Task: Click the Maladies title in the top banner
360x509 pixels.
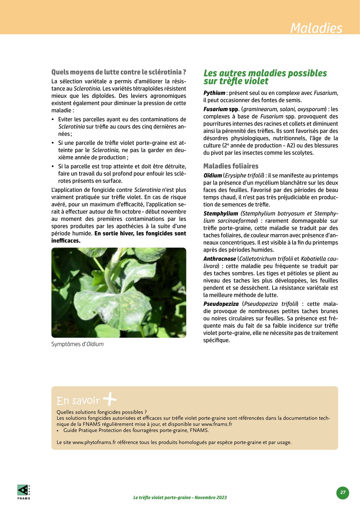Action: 316,28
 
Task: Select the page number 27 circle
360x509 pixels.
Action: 343,492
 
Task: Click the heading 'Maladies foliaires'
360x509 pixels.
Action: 231,166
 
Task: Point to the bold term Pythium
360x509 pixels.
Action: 214,93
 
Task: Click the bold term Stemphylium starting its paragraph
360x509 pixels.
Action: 221,214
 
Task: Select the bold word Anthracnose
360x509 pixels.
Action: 219,259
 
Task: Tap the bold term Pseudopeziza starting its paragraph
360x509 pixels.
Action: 221,304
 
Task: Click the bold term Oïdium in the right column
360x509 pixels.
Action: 213,176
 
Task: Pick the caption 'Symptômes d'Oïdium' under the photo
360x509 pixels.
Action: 77,344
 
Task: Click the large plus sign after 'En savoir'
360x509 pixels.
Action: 110,399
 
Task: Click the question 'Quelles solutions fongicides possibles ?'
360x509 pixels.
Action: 102,412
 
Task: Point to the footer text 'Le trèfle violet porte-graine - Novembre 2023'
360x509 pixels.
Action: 180,497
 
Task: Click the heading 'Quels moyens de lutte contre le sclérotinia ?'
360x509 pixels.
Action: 118,72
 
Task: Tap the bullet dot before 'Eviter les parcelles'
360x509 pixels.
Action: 53,120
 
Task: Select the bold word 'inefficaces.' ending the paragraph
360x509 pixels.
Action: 66,241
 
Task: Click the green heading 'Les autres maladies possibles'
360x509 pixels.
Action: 265,73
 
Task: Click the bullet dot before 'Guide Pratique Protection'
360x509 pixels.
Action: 58,431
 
